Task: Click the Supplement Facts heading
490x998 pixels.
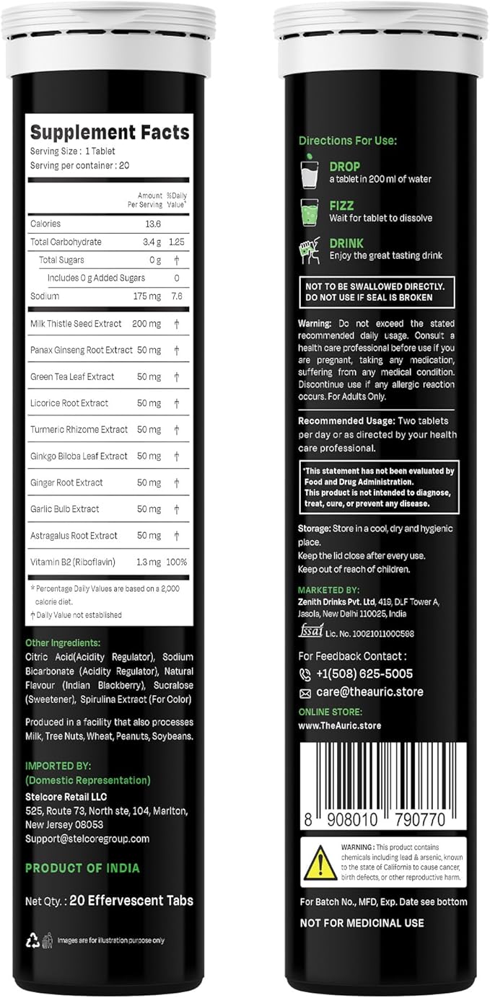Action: (x=109, y=133)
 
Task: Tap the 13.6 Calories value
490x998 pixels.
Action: (x=152, y=224)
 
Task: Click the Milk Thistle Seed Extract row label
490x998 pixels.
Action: (x=76, y=324)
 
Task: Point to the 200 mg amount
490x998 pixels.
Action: (x=147, y=324)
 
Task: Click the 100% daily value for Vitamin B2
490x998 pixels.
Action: (x=177, y=562)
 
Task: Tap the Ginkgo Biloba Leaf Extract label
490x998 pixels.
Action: (x=79, y=456)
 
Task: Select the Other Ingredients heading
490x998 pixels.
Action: (x=63, y=642)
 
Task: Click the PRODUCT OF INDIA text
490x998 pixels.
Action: (x=82, y=868)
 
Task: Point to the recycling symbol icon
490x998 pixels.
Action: (x=32, y=940)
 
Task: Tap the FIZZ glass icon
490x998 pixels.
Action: (x=310, y=211)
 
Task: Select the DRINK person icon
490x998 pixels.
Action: (x=310, y=249)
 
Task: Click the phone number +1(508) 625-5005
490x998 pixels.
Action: (x=364, y=674)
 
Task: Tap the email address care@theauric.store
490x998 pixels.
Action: (x=369, y=692)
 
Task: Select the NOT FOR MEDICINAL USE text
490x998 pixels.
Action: (x=362, y=922)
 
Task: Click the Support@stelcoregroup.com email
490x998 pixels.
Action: (x=87, y=839)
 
